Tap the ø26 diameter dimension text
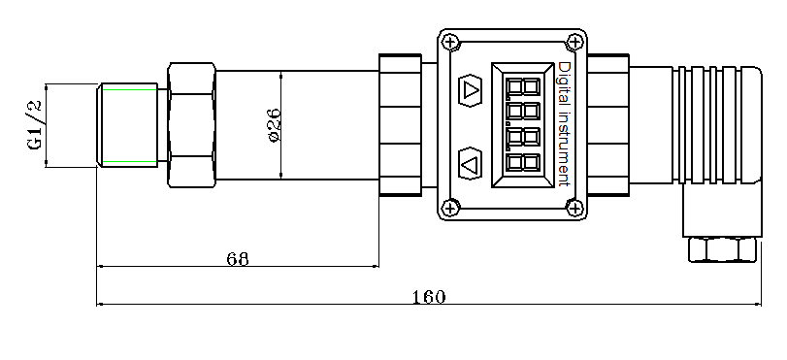(274, 125)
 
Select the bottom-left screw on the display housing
(449, 208)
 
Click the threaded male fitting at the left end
(128, 125)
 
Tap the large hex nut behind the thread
(191, 125)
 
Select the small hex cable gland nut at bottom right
(722, 249)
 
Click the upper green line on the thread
(129, 89)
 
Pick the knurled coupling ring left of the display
(400, 124)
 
